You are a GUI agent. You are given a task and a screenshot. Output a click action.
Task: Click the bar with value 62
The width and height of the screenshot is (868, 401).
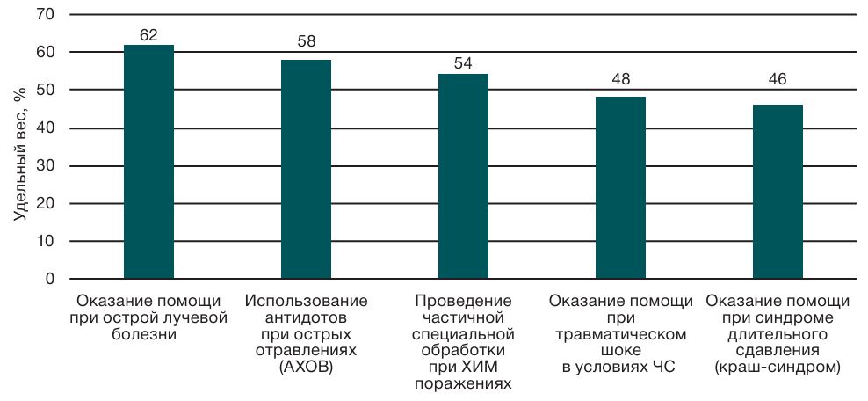(148, 162)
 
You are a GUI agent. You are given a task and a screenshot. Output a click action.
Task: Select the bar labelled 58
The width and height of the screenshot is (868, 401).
(306, 169)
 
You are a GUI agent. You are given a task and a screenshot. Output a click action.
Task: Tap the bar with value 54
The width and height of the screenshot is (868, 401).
(463, 176)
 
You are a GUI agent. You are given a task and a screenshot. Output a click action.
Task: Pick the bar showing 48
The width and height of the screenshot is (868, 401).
(620, 188)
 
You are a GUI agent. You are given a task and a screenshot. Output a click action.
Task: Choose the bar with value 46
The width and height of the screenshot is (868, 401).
(778, 192)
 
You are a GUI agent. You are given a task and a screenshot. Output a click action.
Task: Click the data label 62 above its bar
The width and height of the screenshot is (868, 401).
(148, 35)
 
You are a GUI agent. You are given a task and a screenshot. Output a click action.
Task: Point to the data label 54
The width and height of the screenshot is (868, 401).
(463, 63)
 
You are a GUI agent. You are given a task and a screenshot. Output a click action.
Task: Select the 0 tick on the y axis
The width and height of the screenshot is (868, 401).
(50, 279)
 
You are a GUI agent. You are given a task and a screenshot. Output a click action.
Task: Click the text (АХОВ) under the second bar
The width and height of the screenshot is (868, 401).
(307, 368)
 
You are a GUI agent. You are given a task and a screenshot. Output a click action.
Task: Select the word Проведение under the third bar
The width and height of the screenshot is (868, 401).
(464, 302)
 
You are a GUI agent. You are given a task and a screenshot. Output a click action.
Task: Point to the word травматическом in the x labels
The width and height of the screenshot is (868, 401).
(621, 335)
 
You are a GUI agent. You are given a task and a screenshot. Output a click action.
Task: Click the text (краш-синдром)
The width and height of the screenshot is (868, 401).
(778, 368)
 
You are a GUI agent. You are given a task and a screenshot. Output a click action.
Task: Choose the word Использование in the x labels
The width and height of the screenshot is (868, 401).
(307, 302)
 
